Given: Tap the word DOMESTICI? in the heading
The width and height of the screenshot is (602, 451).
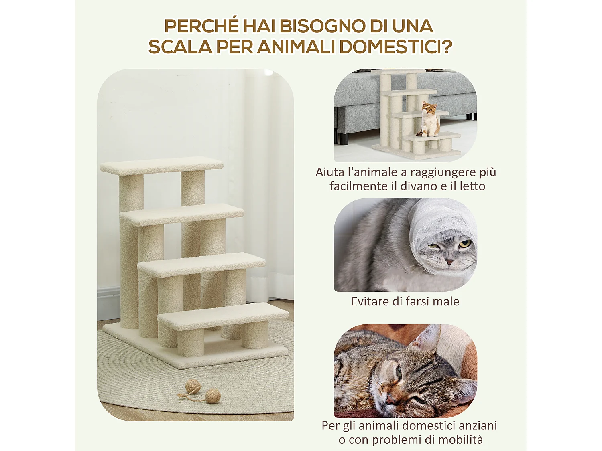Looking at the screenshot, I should tap(395, 47).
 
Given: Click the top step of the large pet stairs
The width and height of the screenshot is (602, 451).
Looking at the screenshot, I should tap(161, 166).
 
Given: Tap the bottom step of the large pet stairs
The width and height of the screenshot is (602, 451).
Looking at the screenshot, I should tap(223, 316).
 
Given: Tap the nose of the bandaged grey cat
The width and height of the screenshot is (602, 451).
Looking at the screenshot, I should tap(449, 262).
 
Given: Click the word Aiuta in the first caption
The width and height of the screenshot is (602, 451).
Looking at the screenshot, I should tap(329, 172).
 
